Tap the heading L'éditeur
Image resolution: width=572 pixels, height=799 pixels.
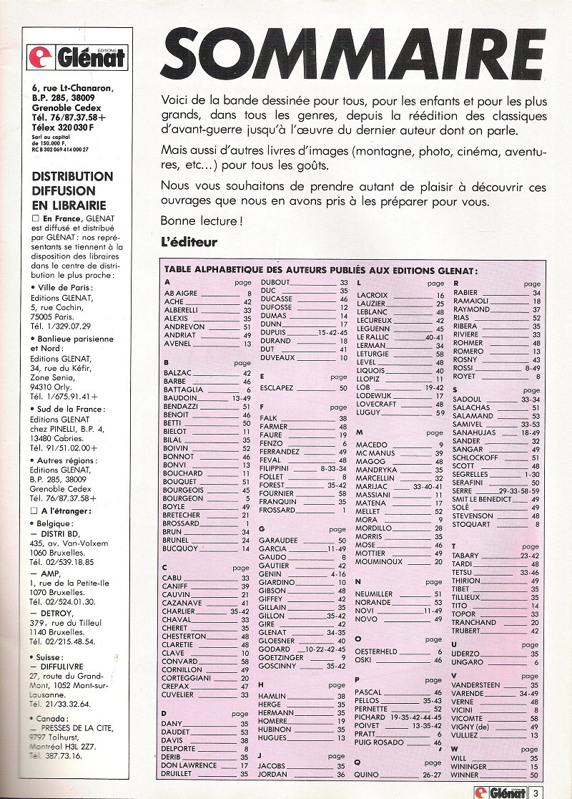point(189,242)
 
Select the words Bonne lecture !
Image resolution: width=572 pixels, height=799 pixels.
point(201,220)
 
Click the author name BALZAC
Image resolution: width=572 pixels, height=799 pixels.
point(179,372)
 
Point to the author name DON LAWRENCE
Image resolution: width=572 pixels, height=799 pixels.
point(189,765)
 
